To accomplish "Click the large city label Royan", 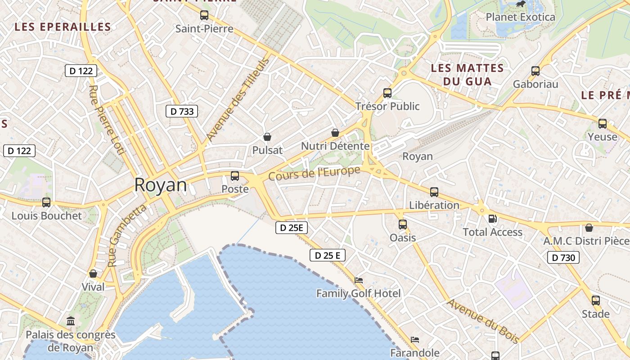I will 160,185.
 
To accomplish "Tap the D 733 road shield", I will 182,111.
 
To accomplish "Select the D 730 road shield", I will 563,257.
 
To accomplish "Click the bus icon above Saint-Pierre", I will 204,15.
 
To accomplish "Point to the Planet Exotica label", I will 521,17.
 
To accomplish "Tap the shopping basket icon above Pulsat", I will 267,137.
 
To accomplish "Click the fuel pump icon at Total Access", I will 493,219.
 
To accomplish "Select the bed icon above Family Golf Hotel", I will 359,280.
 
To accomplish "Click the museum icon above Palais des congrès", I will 71,321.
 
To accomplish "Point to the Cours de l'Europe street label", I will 315,173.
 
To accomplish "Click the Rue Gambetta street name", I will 128,235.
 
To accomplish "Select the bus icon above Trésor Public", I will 387,93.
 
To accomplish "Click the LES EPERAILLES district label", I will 63,27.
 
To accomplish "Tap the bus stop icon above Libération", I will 434,192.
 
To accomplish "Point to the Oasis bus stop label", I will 403,237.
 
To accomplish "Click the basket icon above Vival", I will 93,274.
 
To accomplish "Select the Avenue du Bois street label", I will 482,321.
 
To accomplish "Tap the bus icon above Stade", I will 596,300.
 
